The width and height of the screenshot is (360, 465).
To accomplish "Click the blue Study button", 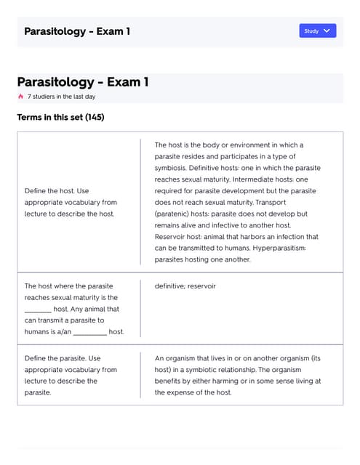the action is click(317, 31).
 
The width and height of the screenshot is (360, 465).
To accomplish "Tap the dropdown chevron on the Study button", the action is click(327, 31).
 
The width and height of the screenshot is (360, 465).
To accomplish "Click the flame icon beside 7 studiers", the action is click(20, 96).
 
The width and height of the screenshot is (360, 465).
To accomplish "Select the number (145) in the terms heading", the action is click(95, 117).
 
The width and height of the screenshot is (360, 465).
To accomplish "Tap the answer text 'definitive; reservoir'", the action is click(185, 286).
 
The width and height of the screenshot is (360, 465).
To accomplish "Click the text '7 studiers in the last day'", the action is click(61, 96).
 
